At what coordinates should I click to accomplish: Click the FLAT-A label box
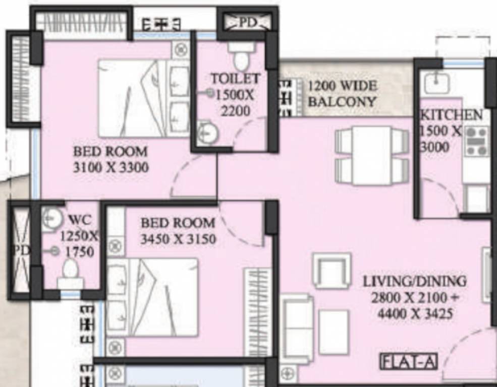[x=408, y=361]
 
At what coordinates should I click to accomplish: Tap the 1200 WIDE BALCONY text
[x=342, y=93]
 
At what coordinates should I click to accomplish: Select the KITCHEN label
[x=451, y=114]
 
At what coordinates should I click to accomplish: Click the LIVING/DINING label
[x=414, y=281]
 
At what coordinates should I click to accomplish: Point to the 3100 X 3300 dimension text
[x=111, y=167]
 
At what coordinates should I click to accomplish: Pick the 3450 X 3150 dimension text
[x=178, y=239]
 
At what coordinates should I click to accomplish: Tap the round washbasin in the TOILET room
[x=207, y=133]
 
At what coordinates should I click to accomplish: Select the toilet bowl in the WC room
[x=70, y=272]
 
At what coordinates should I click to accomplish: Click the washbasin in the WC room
[x=51, y=218]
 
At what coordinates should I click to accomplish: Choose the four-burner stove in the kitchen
[x=477, y=141]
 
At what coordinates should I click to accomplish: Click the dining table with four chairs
[x=372, y=155]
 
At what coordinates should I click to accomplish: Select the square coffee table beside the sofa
[x=334, y=332]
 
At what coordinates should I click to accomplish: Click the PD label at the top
[x=247, y=22]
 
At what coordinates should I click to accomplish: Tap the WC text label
[x=79, y=220]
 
